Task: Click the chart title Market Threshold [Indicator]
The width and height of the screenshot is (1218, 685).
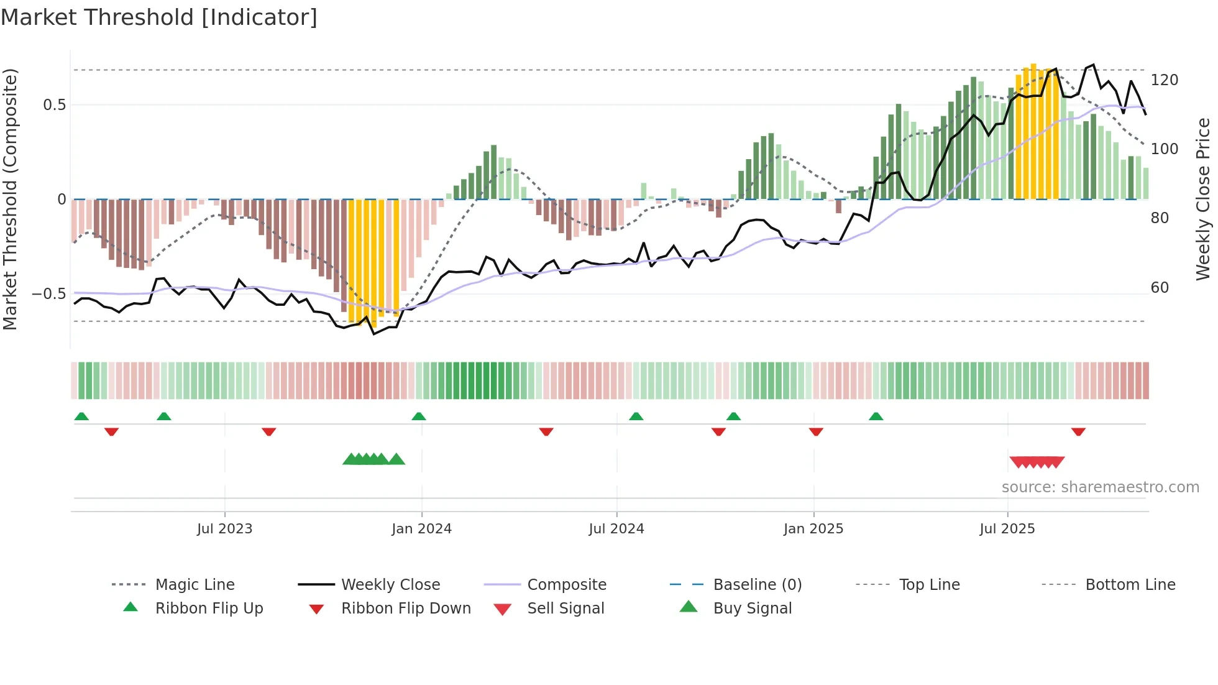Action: [159, 17]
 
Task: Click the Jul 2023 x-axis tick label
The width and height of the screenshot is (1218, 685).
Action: [224, 529]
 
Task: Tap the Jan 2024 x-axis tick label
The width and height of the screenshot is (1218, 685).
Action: [421, 529]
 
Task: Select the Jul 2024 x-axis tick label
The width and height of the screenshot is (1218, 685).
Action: [616, 529]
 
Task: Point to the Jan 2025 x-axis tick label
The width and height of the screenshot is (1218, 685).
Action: [813, 529]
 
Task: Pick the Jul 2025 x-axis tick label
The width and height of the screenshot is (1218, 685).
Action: [1007, 529]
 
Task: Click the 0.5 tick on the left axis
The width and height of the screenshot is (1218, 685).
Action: [54, 105]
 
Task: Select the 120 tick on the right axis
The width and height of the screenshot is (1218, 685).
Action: [1164, 80]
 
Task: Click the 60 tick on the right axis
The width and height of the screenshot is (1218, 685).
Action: [1160, 288]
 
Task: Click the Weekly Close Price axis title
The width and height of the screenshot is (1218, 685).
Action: [1203, 199]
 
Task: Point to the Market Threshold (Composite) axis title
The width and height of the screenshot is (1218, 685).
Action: [10, 199]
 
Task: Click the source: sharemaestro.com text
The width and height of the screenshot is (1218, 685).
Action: [1100, 487]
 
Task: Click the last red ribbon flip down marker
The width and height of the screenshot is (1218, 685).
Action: [1078, 431]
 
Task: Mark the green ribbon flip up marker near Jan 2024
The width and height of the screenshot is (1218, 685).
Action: [419, 416]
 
